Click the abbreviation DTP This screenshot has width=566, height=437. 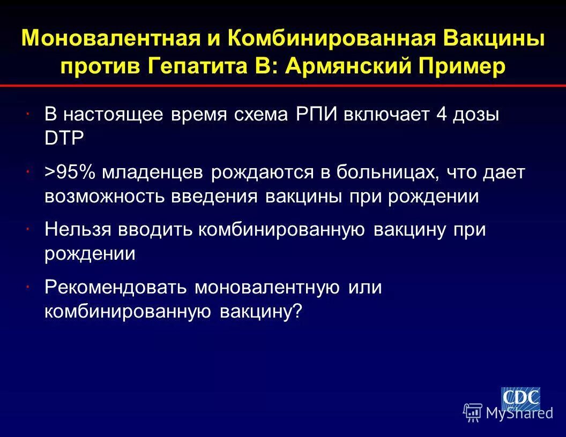pos(64,139)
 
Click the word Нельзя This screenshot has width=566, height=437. pos(78,230)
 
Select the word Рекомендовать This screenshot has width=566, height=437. pos(116,288)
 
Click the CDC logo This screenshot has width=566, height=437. pos(520,398)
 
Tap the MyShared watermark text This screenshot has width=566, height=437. pos(519,413)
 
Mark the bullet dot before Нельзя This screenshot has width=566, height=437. pos(27,229)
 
